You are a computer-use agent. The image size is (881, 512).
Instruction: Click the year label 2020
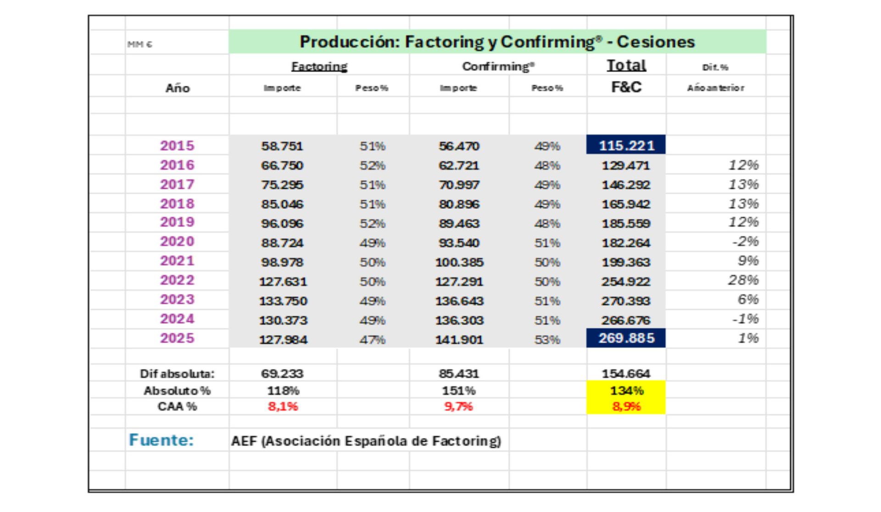point(177,242)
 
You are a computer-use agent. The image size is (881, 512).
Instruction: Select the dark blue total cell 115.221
point(626,146)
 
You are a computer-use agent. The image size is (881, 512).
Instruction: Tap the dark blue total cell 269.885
point(626,338)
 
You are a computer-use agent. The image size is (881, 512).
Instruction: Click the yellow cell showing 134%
point(626,391)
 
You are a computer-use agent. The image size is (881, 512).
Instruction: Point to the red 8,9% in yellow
point(626,406)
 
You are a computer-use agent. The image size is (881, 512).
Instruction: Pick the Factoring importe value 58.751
point(282,146)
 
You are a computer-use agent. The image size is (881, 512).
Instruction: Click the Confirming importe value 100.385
point(459,262)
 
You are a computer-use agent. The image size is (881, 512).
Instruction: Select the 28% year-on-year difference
point(743,280)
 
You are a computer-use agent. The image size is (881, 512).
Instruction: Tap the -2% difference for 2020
point(745,242)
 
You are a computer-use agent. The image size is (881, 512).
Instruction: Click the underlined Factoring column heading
point(319,67)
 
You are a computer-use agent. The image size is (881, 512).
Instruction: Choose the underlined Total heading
point(626,66)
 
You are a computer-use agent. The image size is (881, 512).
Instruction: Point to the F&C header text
point(626,87)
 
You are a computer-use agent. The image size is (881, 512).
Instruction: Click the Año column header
point(178,88)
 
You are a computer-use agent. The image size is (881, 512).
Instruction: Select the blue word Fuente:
point(162,440)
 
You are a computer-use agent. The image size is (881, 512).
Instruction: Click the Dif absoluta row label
point(177,374)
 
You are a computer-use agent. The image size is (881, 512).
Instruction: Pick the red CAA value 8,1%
point(283,406)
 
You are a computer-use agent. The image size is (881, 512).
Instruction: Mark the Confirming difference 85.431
point(459,374)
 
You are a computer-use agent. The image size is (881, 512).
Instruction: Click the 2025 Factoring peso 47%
point(372,340)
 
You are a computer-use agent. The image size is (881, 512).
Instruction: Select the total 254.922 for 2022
point(626,281)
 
